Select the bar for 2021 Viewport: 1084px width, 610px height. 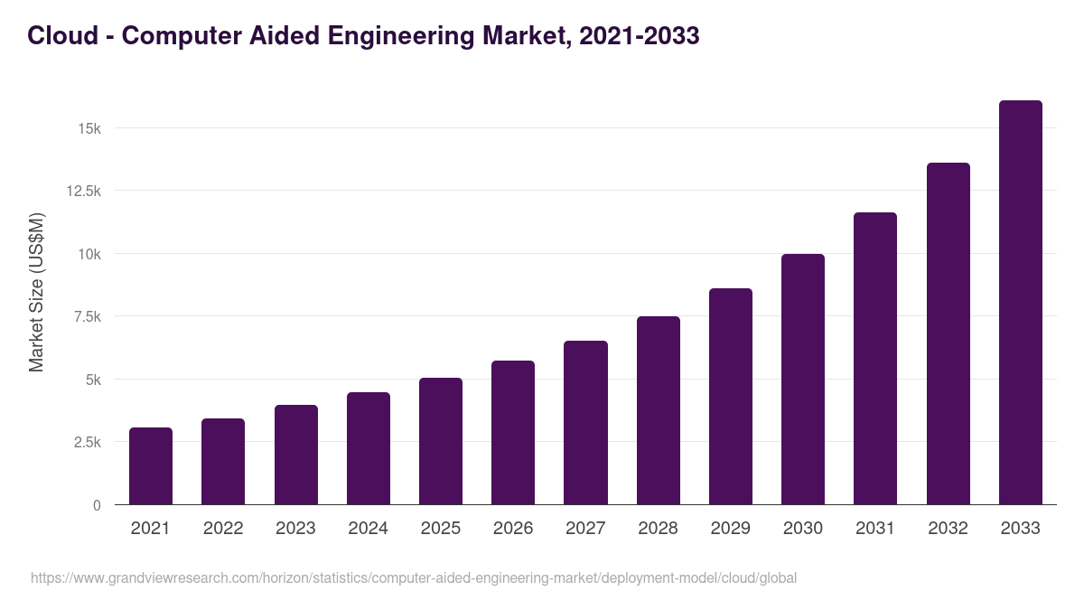[151, 466]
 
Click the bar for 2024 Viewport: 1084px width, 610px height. [369, 449]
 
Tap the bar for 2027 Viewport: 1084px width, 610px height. [585, 423]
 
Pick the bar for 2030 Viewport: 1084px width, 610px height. [803, 380]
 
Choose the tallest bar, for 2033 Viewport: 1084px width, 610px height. [1020, 303]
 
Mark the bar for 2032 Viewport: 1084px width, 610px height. [948, 334]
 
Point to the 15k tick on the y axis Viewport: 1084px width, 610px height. [89, 128]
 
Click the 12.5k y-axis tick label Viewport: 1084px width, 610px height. [82, 192]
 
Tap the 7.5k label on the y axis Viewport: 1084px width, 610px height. [86, 317]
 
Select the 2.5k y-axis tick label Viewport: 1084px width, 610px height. [86, 443]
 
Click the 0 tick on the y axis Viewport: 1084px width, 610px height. [97, 505]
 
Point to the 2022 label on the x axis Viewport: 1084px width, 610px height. [223, 529]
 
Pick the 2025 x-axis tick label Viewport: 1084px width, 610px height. [441, 529]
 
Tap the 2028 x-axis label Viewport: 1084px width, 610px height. [658, 529]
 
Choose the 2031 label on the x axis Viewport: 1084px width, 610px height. [875, 529]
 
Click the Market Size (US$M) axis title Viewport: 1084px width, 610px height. [36, 292]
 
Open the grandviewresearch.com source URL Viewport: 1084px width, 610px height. [414, 577]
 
